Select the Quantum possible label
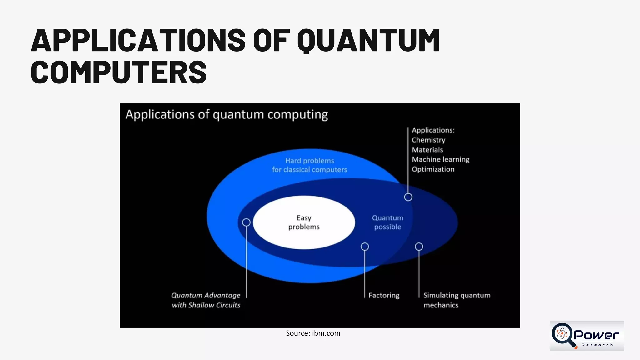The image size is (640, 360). pyautogui.click(x=387, y=222)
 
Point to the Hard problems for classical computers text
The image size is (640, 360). pyautogui.click(x=309, y=165)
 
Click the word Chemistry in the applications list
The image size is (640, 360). pyautogui.click(x=428, y=140)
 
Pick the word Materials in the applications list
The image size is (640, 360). pyautogui.click(x=427, y=150)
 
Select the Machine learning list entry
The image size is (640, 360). pyautogui.click(x=440, y=159)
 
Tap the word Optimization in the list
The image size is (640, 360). pyautogui.click(x=433, y=169)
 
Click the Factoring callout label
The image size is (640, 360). pyautogui.click(x=384, y=295)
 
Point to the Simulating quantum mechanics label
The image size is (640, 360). pyautogui.click(x=457, y=300)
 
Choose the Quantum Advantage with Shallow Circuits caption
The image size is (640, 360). pyautogui.click(x=206, y=300)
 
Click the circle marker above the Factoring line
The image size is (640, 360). pyautogui.click(x=365, y=247)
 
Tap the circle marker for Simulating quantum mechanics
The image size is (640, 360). pyautogui.click(x=419, y=247)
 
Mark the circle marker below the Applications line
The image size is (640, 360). pyautogui.click(x=408, y=197)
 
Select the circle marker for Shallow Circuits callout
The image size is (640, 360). pyautogui.click(x=246, y=222)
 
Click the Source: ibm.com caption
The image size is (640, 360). pyautogui.click(x=313, y=333)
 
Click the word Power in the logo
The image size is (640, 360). pyautogui.click(x=596, y=335)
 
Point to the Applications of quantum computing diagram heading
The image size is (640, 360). pyautogui.click(x=227, y=115)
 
